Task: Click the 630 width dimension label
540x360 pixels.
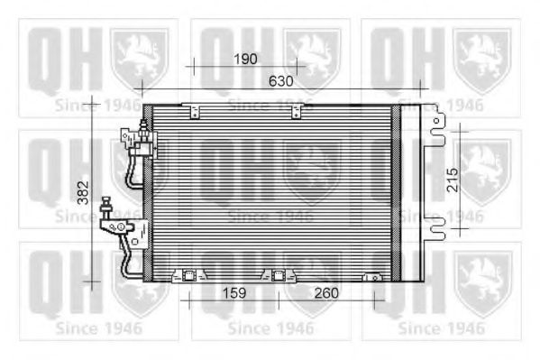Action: (x=281, y=81)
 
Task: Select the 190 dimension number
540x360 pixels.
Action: (x=246, y=59)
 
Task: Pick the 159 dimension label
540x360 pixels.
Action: (x=233, y=294)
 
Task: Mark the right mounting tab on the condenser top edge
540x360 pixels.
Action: (x=297, y=111)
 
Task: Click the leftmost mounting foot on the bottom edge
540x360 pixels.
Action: (x=189, y=276)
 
